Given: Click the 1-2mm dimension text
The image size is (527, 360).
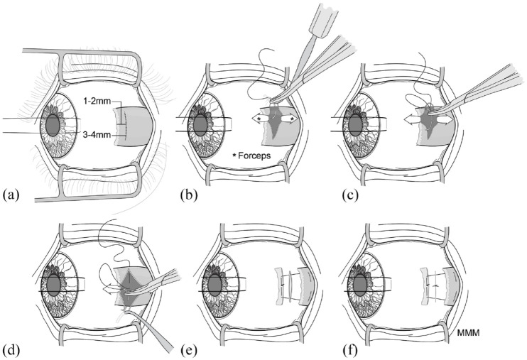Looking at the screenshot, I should pos(95,102).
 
